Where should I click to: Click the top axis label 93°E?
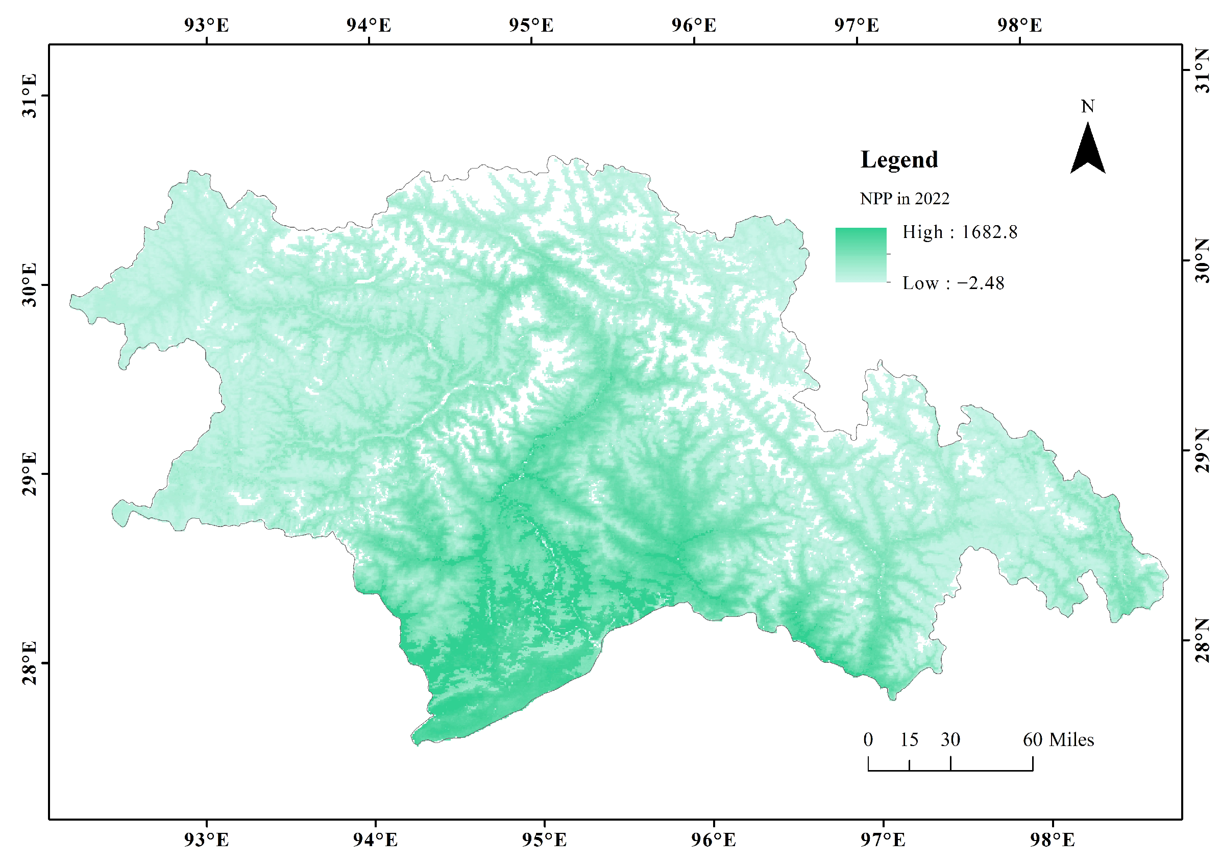[206, 25]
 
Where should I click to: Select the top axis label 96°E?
[694, 25]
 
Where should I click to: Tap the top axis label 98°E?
[1019, 25]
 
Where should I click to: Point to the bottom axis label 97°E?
[883, 840]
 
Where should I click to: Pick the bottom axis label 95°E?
[544, 840]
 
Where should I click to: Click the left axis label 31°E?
[30, 96]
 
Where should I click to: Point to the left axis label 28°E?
[30, 662]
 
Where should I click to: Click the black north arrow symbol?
[1088, 150]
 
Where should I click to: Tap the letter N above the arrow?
[1088, 106]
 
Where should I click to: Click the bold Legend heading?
[899, 160]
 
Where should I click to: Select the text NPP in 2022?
[904, 199]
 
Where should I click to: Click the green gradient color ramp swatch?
[861, 255]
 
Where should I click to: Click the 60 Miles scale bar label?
[1058, 739]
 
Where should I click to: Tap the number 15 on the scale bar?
[909, 739]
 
